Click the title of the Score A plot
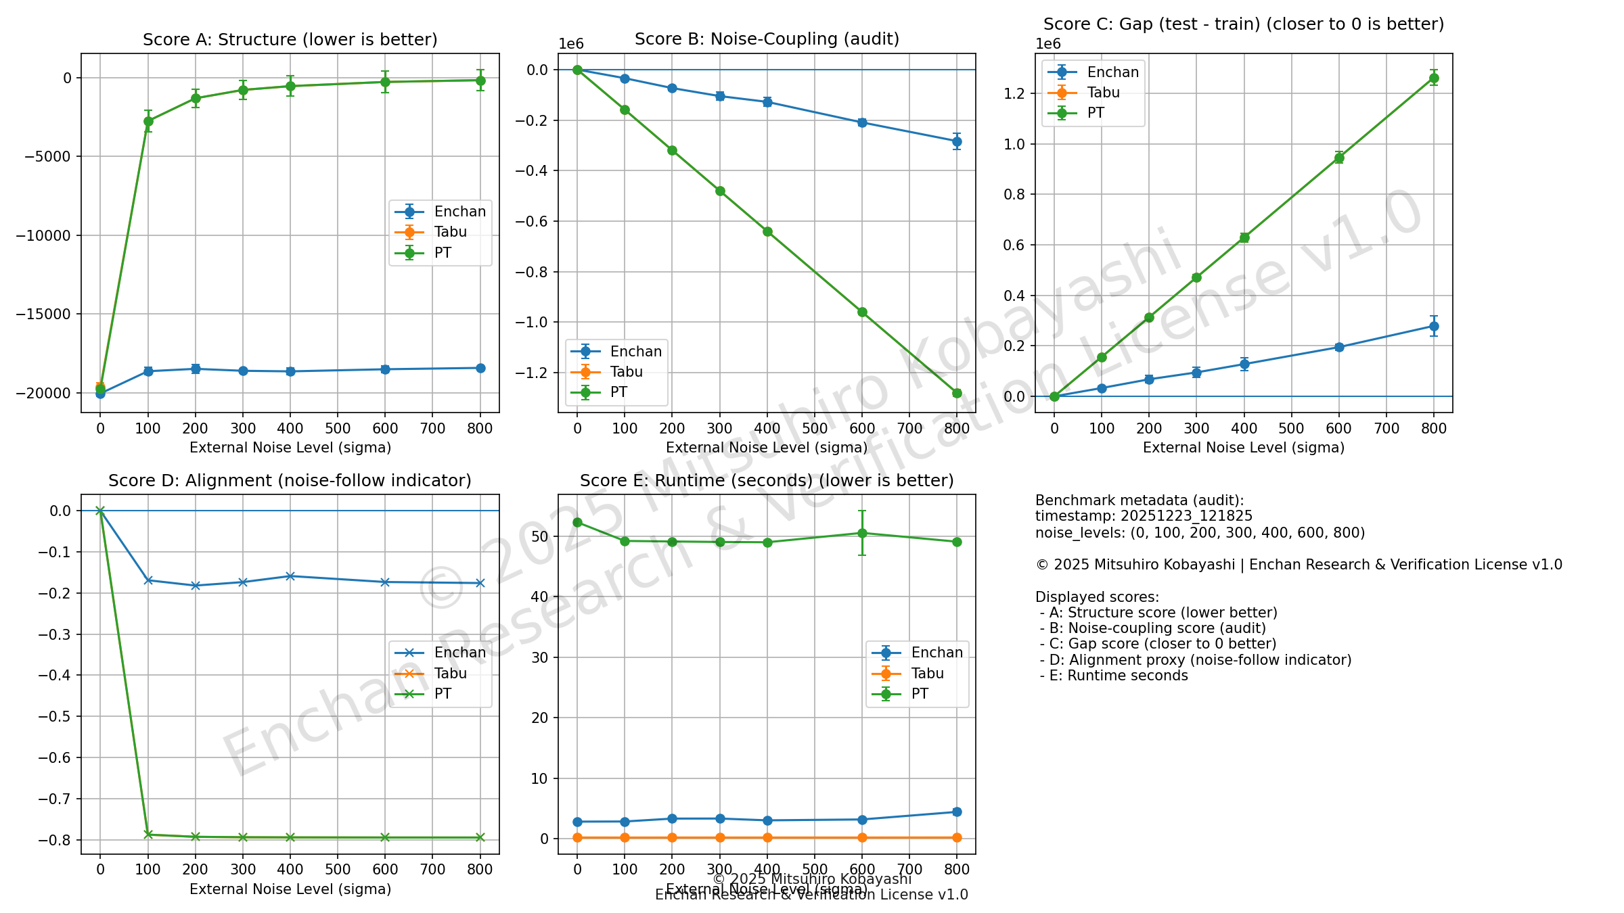290,40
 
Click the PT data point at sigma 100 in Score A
148,121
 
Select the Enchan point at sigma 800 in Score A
480,368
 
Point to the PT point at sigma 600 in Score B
862,312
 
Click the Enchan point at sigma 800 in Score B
957,141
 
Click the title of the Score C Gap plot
1243,24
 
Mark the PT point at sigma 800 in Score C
1434,78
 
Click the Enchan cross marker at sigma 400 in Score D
290,576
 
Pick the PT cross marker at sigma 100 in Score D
148,835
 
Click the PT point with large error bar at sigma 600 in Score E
862,533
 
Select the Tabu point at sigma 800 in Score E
957,837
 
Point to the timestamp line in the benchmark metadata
1144,516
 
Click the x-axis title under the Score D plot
290,889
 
